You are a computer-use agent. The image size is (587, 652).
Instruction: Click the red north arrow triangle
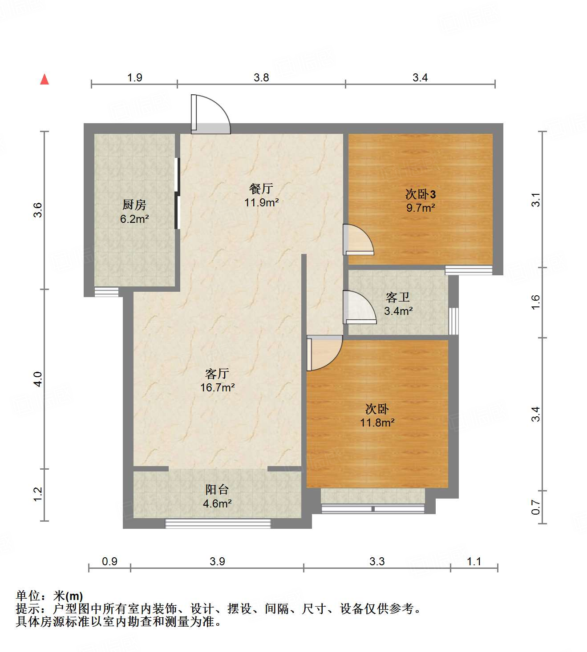[x=45, y=79]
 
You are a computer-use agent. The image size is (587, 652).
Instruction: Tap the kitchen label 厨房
[x=134, y=205]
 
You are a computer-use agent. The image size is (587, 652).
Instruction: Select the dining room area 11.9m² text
[x=261, y=203]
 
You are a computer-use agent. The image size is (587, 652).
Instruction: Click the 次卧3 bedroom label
[x=420, y=194]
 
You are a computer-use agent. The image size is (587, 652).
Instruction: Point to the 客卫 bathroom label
[x=397, y=297]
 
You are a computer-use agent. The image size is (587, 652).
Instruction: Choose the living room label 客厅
[x=217, y=373]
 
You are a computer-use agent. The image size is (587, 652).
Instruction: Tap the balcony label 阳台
[x=217, y=489]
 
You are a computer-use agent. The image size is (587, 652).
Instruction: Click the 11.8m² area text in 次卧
[x=377, y=423]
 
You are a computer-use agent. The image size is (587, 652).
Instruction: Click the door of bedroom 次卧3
[x=358, y=240]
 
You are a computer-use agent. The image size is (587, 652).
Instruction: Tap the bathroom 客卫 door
[x=358, y=307]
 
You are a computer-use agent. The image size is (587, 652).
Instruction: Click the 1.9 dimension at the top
[x=134, y=78]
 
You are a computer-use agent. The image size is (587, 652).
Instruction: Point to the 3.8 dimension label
[x=261, y=78]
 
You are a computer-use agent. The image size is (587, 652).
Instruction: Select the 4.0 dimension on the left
[x=38, y=379]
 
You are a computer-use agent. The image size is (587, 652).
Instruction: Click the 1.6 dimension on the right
[x=536, y=302]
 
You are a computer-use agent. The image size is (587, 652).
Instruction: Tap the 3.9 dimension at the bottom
[x=217, y=561]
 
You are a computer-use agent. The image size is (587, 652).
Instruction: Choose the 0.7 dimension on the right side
[x=536, y=507]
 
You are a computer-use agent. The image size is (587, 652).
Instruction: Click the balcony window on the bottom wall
[x=218, y=523]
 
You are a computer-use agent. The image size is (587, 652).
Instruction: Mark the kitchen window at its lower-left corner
[x=107, y=292]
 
